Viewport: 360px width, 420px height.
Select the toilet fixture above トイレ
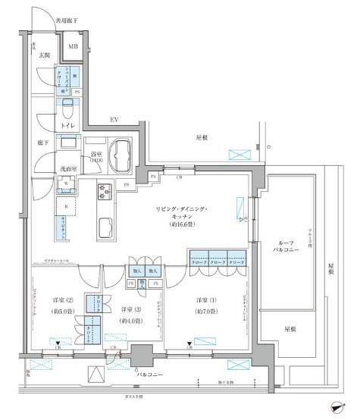tap(67, 105)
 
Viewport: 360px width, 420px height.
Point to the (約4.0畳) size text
tap(128, 321)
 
